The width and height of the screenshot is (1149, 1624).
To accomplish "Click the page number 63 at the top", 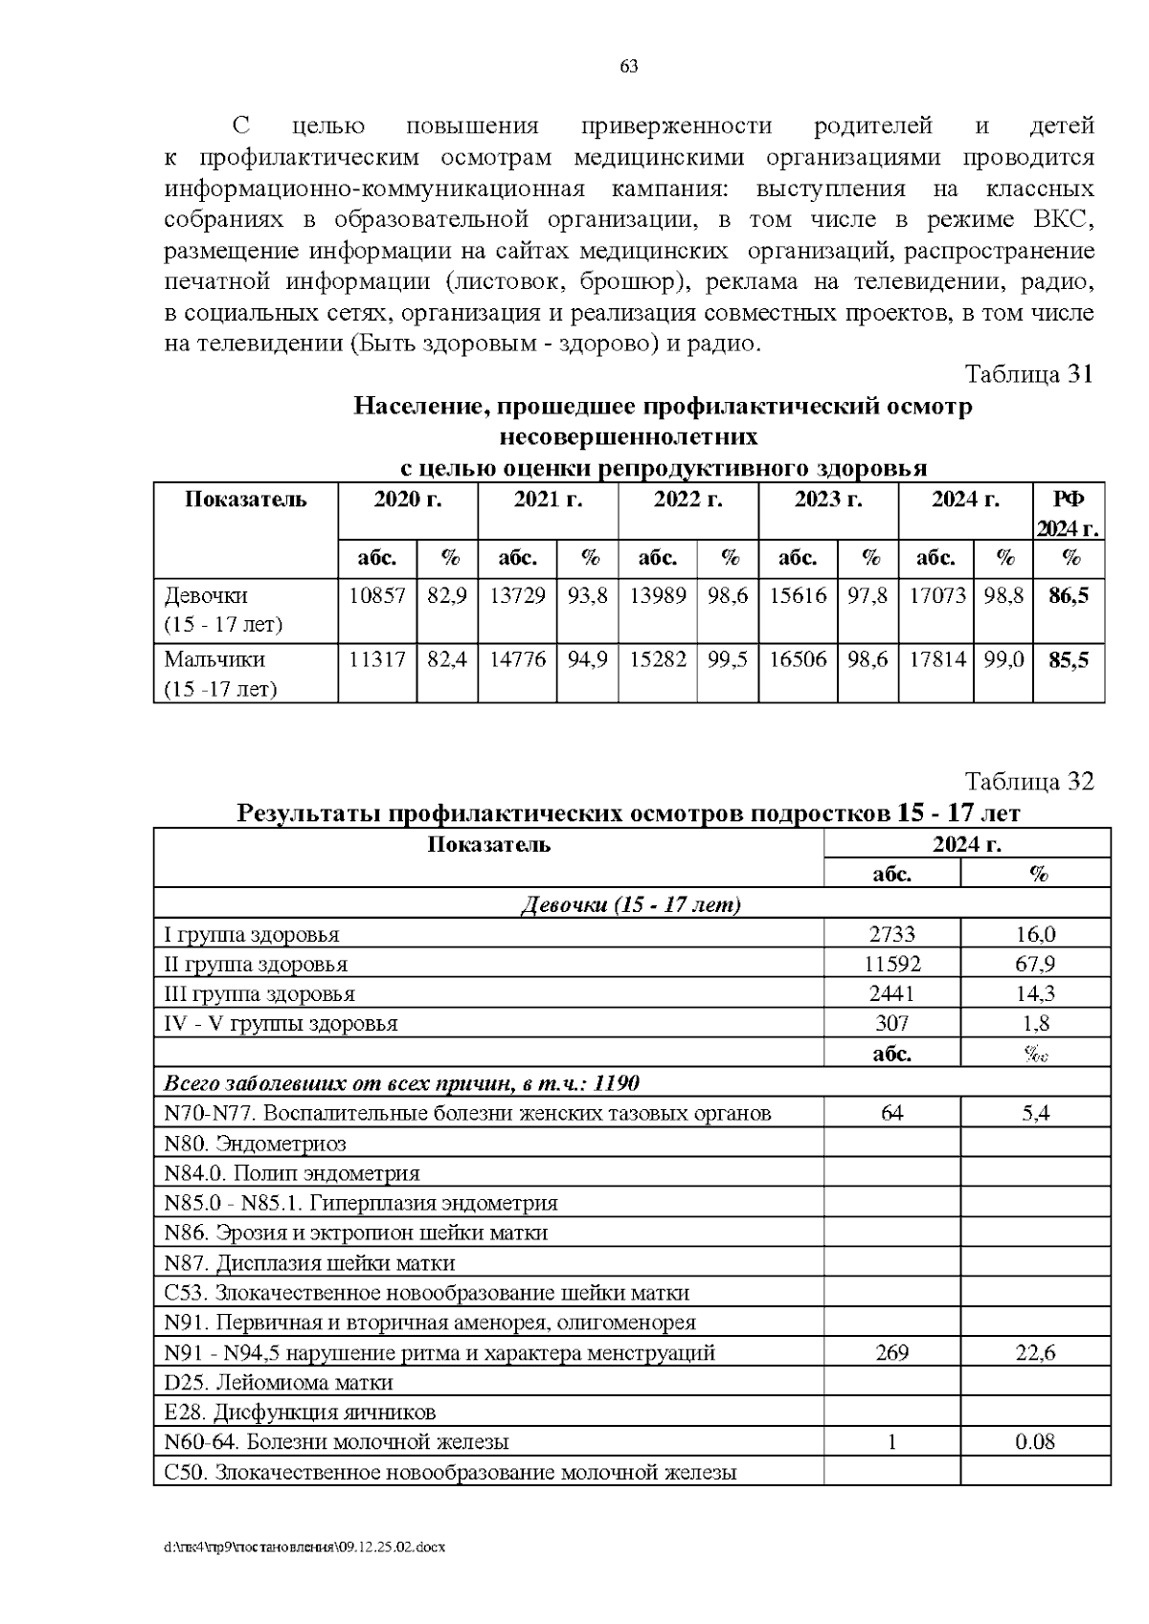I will [629, 67].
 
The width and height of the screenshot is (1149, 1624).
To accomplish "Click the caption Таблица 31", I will [1027, 373].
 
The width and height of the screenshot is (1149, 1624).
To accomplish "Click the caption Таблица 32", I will [1027, 781].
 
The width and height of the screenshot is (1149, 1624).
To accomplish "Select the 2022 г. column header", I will [687, 500].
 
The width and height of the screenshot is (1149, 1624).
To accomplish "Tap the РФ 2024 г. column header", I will [1069, 513].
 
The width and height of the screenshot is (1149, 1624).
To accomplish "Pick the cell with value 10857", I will [377, 596].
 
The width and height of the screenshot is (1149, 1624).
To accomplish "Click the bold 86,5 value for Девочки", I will [1069, 596].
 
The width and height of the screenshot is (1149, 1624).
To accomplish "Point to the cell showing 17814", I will [935, 659].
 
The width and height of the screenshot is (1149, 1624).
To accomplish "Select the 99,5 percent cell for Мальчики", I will [728, 659].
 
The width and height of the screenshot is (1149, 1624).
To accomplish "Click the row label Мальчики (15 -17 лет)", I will [220, 674].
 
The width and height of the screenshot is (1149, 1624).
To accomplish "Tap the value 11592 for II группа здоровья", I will [892, 964].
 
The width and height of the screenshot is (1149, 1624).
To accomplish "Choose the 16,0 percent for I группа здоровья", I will [1035, 934].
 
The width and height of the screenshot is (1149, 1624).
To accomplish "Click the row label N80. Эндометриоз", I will [256, 1143].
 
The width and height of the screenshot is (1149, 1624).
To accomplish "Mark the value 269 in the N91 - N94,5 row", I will [892, 1352].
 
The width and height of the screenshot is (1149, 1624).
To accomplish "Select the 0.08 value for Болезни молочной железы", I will [1035, 1441].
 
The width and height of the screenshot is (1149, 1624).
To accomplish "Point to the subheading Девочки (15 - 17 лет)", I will [631, 904].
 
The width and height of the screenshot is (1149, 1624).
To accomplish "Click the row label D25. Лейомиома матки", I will [279, 1382].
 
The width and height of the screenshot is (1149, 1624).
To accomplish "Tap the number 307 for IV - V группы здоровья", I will [892, 1023].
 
